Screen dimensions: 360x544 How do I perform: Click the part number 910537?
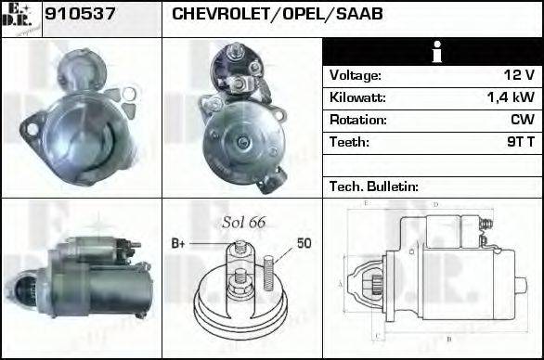click(x=79, y=14)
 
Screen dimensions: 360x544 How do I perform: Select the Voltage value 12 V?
click(x=517, y=75)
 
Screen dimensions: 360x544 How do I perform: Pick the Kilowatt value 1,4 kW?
click(x=510, y=97)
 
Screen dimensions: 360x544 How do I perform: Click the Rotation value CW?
click(x=523, y=120)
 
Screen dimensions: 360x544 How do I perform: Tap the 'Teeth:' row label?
click(x=349, y=142)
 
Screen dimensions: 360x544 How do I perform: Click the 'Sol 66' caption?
click(x=243, y=222)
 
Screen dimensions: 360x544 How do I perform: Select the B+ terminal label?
click(x=179, y=244)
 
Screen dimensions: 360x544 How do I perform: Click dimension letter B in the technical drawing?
click(x=448, y=338)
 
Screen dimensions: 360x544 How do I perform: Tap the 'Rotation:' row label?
click(x=357, y=120)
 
